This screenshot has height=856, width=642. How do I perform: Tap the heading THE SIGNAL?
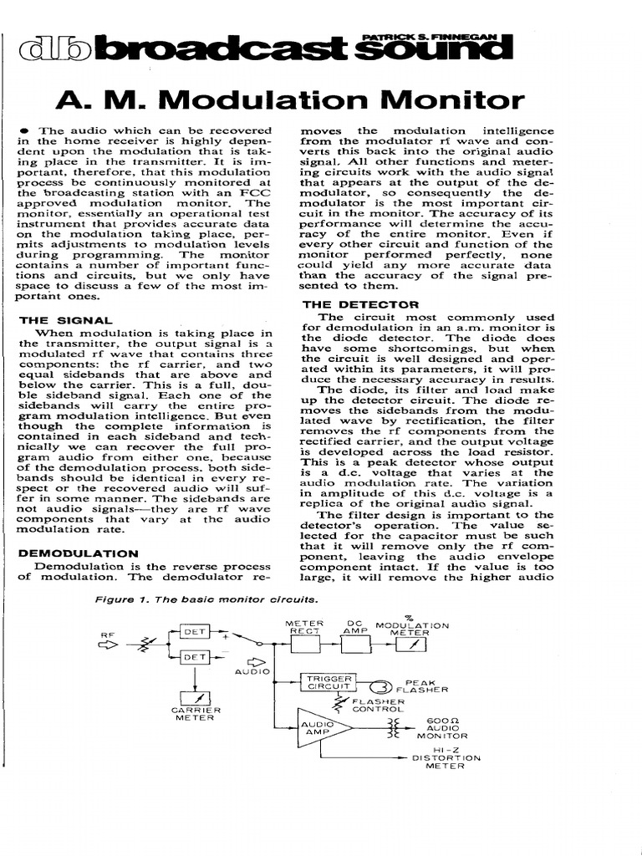tap(65, 319)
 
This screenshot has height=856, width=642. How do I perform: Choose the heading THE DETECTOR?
tap(349, 304)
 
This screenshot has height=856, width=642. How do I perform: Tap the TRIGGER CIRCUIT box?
tap(327, 683)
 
